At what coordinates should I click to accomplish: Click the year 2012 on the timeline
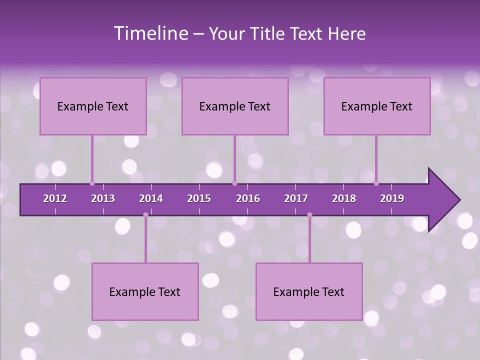55,198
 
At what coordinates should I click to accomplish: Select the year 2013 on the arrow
103,198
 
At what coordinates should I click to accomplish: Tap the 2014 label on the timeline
151,198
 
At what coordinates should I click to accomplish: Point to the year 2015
199,198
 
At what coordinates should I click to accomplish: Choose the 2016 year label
248,198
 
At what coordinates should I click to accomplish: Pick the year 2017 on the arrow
296,198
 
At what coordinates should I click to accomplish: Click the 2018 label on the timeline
344,198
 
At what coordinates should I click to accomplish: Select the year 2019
392,198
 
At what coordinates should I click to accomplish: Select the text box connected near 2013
93,106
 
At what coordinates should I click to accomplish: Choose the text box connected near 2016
235,106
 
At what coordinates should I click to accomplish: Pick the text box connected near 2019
377,106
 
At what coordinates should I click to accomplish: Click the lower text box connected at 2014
145,291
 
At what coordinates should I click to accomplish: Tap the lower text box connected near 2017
309,291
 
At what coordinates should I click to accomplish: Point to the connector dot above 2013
92,183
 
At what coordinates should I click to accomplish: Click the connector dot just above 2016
235,183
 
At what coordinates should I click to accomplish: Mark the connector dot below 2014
145,215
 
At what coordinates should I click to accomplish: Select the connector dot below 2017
309,215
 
